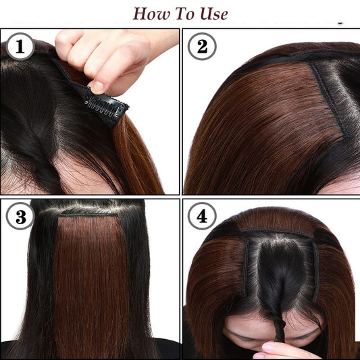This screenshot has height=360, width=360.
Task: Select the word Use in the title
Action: point(213,14)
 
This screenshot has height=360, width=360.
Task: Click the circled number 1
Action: point(20,47)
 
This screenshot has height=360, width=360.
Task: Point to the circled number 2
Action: point(201,47)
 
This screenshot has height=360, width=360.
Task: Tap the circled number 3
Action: point(20,218)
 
